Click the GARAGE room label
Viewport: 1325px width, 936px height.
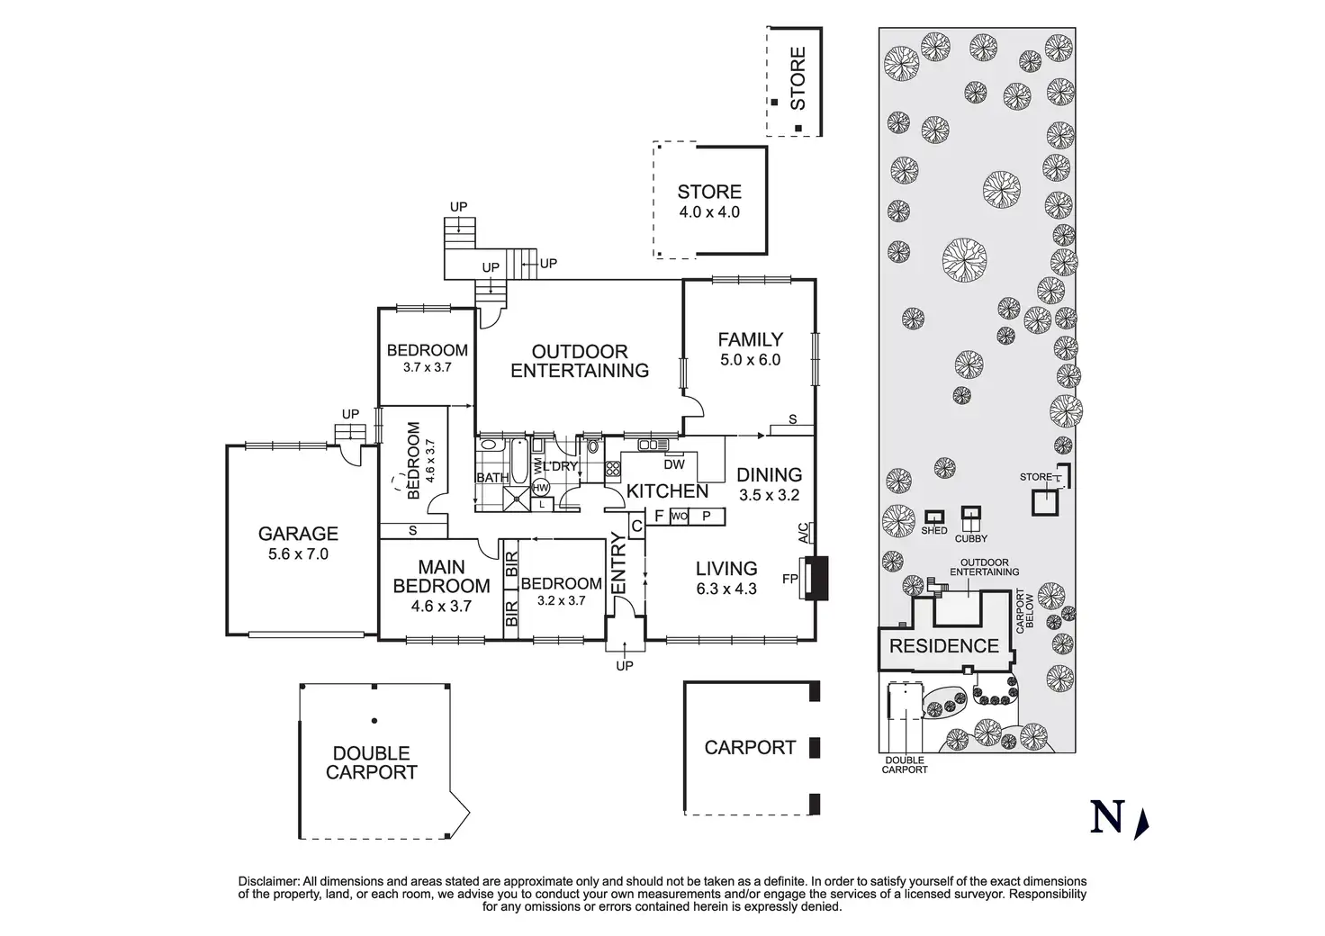[x=298, y=534]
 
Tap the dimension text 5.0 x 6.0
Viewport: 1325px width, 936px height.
[x=750, y=360]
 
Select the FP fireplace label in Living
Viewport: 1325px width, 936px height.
[x=790, y=579]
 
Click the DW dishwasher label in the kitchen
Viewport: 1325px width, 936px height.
[x=673, y=465]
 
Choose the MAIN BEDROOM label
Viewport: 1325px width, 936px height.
[x=441, y=576]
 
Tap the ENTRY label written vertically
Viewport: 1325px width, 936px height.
[x=619, y=563]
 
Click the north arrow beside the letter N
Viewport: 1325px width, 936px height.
[x=1143, y=822]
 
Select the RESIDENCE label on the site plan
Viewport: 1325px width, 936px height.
[x=943, y=645]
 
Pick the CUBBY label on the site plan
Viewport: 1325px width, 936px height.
[x=971, y=538]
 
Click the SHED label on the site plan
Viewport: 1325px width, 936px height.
[x=933, y=531]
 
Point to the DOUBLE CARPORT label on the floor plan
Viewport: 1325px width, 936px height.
[x=371, y=762]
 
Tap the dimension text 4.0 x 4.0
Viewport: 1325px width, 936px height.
[x=709, y=212]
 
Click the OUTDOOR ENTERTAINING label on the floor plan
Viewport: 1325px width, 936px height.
[x=580, y=361]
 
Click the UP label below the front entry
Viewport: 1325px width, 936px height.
[x=624, y=666]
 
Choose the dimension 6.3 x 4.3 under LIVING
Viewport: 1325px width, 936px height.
[x=726, y=589]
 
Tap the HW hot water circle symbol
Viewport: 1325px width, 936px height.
[x=541, y=487]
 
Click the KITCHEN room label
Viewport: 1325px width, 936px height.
[x=667, y=490]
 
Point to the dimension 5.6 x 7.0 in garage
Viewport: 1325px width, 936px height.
[x=298, y=554]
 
